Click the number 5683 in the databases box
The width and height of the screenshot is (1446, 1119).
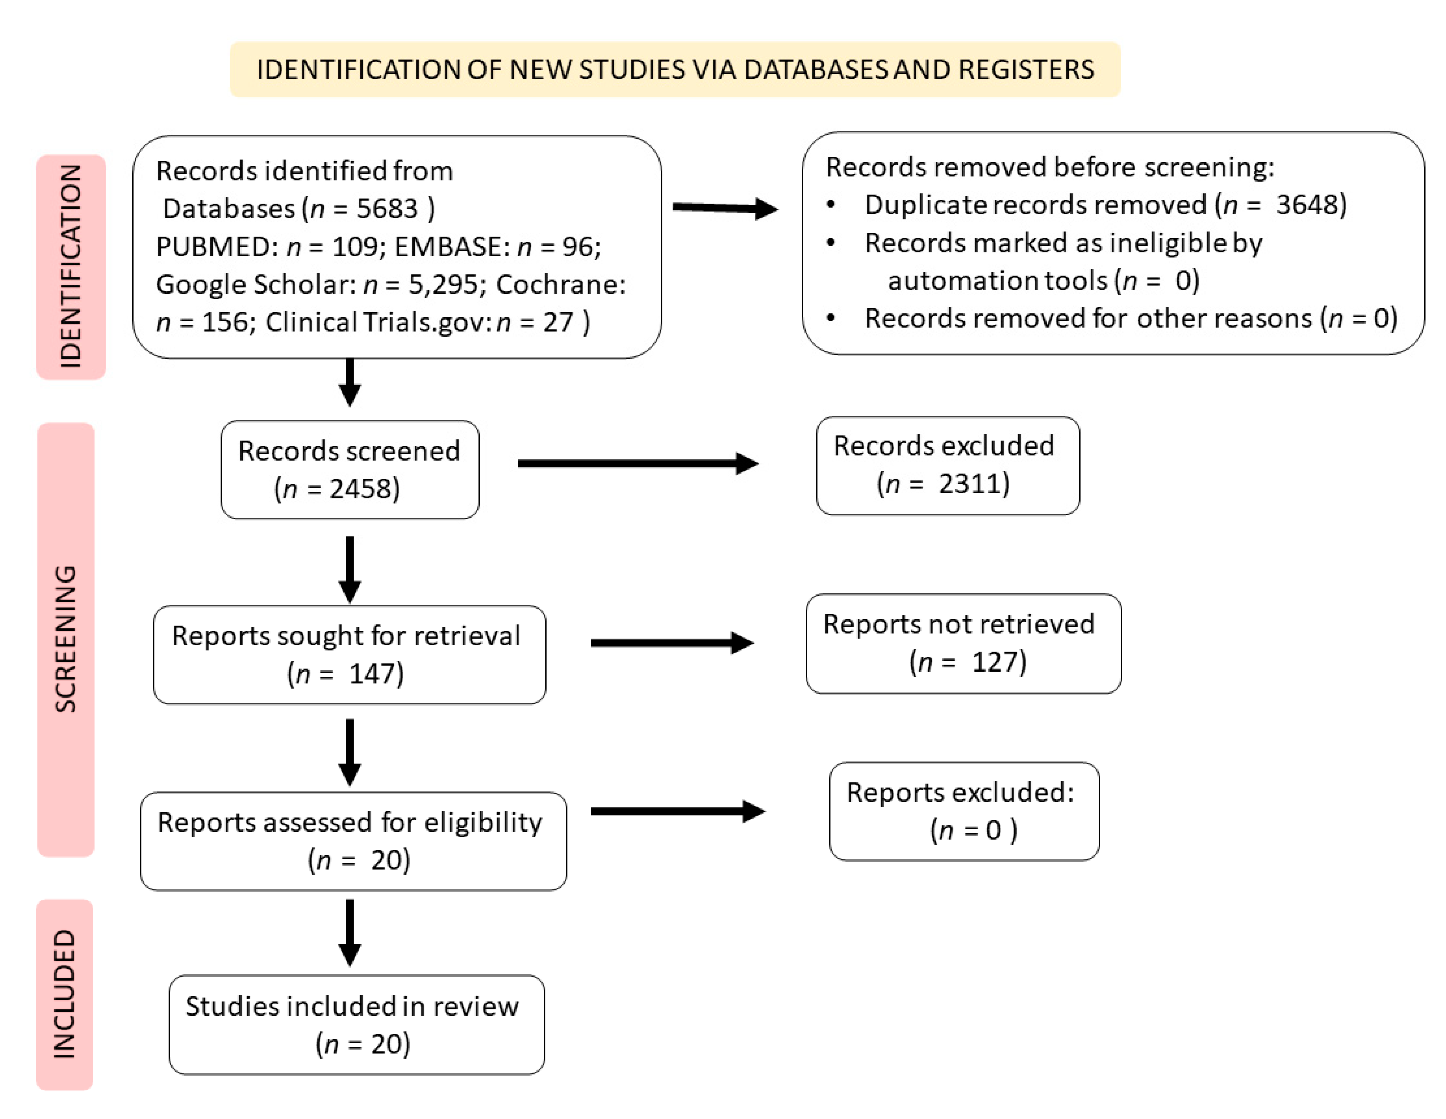point(387,209)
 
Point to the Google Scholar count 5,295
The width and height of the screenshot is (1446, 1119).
point(442,285)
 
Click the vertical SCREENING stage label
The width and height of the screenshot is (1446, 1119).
point(66,639)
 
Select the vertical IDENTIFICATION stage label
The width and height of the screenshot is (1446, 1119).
point(70,266)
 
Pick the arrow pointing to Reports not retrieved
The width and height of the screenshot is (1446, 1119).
point(671,643)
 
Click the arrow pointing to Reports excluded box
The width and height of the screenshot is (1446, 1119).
point(676,811)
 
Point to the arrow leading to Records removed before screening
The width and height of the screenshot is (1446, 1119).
point(725,208)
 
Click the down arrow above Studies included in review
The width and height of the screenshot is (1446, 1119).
point(350,932)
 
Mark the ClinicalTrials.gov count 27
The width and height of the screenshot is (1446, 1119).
point(558,322)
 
